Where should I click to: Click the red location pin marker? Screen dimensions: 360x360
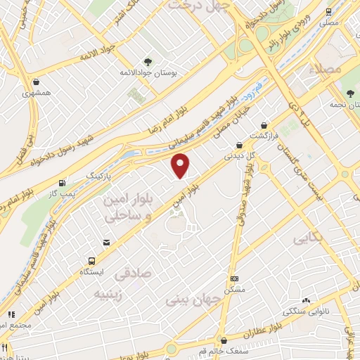tap(181, 166)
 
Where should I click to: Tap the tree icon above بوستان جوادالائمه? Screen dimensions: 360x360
tap(147, 61)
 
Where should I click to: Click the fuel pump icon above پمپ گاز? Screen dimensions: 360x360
tap(64, 182)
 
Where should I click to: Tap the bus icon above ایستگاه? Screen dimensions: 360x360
tap(91, 259)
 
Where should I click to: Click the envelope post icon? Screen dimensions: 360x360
tap(106, 243)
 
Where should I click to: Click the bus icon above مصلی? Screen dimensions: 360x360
tap(328, 12)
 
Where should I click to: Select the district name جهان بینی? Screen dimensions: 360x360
tap(193, 300)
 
